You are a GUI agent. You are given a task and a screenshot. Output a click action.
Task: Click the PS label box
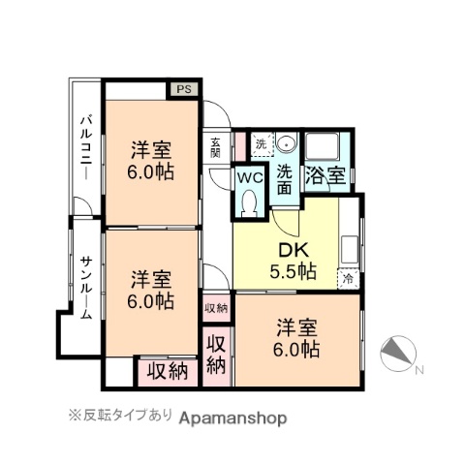(x=185, y=88)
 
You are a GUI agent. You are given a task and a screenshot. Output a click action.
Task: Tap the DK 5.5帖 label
(x=288, y=260)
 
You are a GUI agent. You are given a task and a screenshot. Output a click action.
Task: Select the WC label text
(x=251, y=178)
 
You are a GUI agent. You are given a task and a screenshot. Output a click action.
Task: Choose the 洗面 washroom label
(x=285, y=180)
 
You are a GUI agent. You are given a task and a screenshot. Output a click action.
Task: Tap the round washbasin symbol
(x=287, y=144)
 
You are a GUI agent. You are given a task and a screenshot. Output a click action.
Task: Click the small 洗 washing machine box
(x=260, y=144)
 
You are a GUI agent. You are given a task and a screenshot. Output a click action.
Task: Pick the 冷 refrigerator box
(x=349, y=278)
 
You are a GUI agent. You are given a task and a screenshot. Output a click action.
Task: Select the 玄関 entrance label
(x=215, y=147)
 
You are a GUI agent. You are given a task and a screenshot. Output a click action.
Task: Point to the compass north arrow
(x=397, y=354)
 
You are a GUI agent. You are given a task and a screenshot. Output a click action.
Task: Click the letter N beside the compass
(x=418, y=369)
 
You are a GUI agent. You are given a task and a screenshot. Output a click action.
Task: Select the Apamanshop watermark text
(x=232, y=418)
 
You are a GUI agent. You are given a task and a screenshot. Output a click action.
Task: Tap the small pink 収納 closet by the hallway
(x=216, y=308)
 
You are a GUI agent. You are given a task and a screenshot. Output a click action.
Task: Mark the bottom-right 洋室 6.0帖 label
(x=296, y=336)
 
